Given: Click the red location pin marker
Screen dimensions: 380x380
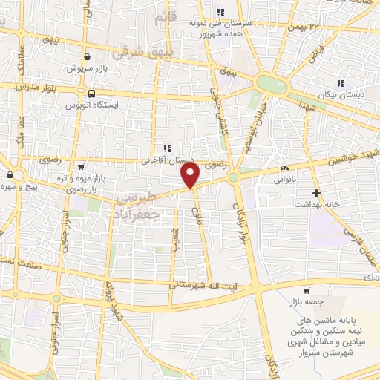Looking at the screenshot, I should click(x=191, y=175).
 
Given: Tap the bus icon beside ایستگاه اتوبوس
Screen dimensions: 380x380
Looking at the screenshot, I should click(x=91, y=94).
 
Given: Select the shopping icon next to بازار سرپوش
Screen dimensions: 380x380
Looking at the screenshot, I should click(x=88, y=56).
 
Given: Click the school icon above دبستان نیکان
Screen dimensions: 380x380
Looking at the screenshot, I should click(x=341, y=83).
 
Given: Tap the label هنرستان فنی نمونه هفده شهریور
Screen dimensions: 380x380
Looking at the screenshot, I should click(x=222, y=27).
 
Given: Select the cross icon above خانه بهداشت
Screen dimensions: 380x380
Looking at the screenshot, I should click(x=317, y=193).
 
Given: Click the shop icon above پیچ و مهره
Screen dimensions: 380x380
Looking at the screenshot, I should click(x=8, y=175).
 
